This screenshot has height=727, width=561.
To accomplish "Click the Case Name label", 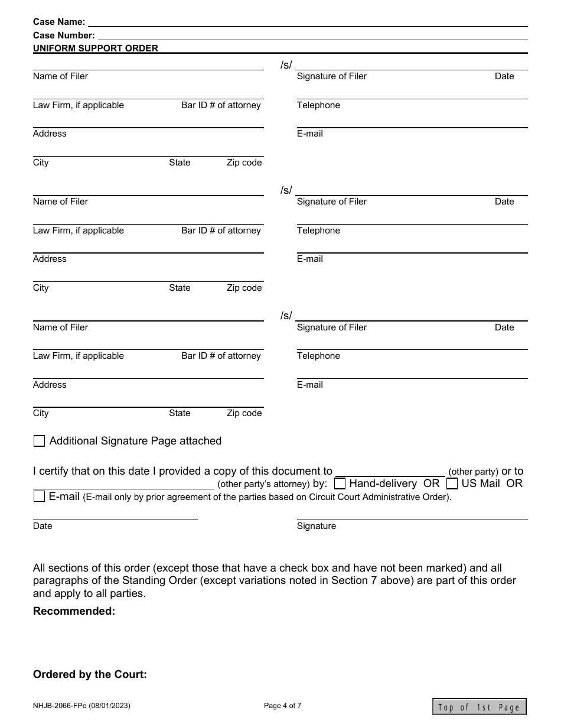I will [59, 22].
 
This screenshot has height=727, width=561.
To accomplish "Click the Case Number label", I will [64, 35].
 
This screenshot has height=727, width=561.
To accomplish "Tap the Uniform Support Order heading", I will [96, 48].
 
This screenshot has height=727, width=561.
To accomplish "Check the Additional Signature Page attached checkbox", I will [40, 441].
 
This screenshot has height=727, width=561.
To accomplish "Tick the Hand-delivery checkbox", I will [340, 483].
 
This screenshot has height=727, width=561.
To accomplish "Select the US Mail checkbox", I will [452, 483].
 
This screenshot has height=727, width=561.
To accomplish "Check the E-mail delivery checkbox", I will [40, 496].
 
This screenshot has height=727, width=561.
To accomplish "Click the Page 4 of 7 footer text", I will [283, 705].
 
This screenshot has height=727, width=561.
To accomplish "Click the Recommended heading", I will [74, 611].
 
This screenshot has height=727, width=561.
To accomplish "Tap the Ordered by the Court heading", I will [90, 674].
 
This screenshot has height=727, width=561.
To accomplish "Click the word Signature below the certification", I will [317, 526].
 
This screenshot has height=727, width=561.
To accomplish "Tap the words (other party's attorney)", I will [263, 484].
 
